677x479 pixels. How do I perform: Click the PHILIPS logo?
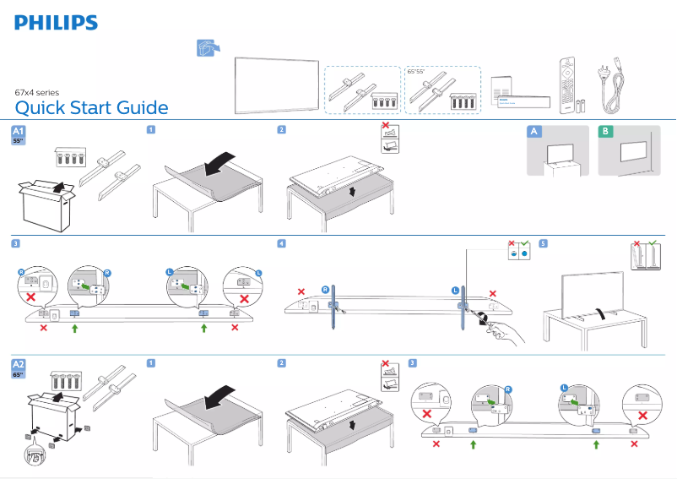click(56, 23)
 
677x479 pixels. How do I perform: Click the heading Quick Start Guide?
click(91, 108)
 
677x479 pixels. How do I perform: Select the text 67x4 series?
click(36, 92)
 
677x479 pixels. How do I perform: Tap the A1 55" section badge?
click(19, 136)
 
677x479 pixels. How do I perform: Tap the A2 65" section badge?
click(19, 367)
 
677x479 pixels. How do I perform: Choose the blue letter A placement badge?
click(533, 131)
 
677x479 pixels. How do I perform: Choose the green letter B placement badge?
click(604, 131)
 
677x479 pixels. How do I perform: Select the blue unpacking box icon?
click(205, 49)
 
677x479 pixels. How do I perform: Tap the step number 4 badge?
click(282, 244)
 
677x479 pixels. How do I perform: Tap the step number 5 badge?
click(543, 244)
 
